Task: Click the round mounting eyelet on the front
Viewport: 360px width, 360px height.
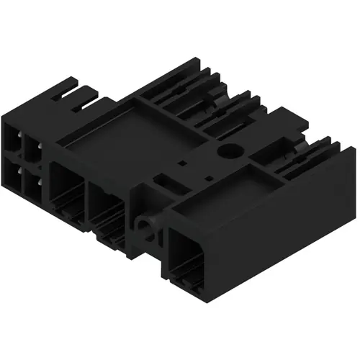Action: (x=148, y=230)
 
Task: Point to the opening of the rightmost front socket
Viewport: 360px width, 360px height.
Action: (x=189, y=258)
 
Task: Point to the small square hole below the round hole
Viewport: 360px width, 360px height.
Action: (x=209, y=176)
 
